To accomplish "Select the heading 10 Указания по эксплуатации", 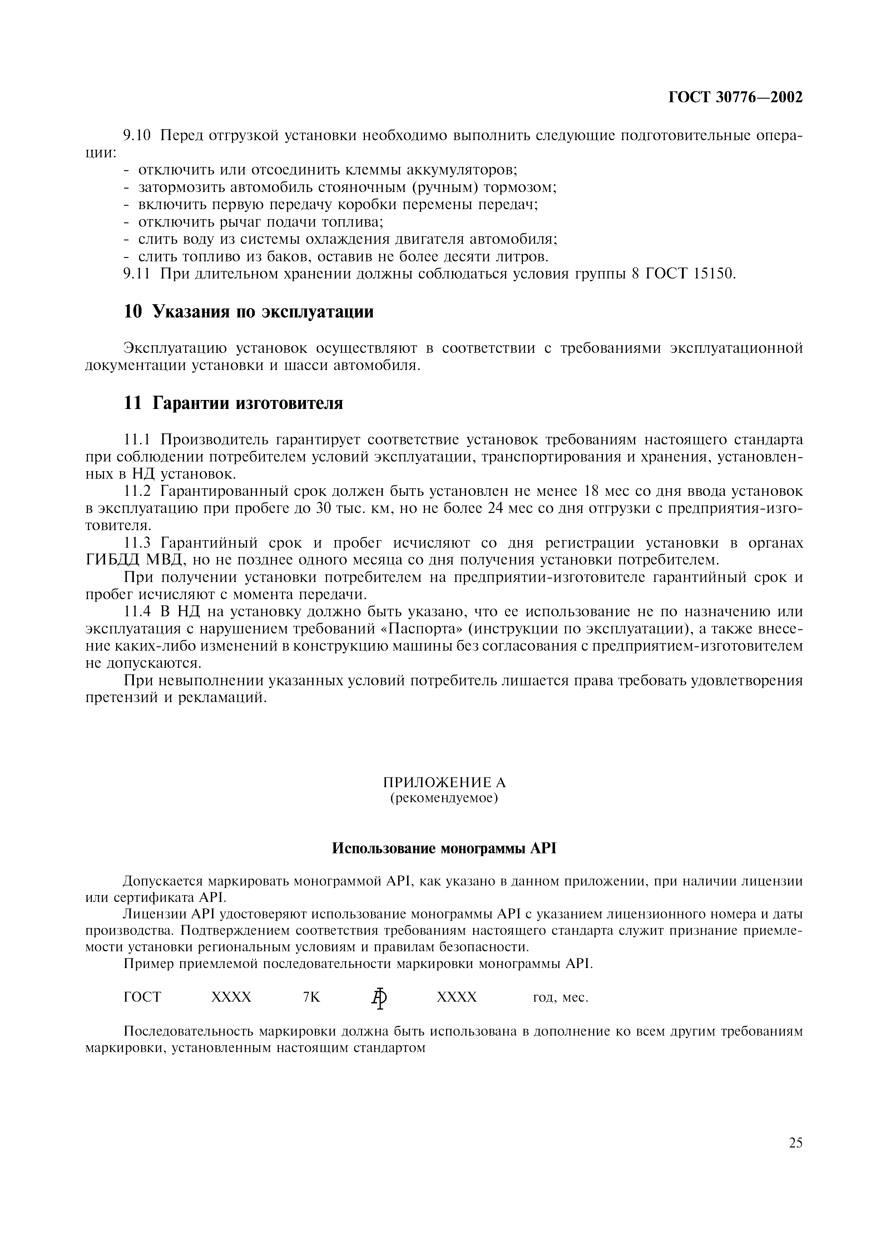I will tap(249, 312).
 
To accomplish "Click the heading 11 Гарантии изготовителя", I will tap(234, 403).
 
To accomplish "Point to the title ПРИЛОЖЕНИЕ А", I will tap(444, 782).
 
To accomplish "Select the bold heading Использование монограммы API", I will tap(444, 848).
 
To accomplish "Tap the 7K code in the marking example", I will tap(312, 997).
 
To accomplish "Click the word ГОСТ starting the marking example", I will tap(143, 997).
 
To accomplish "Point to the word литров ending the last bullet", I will tap(523, 257).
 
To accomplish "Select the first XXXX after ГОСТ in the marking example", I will tap(232, 997).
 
